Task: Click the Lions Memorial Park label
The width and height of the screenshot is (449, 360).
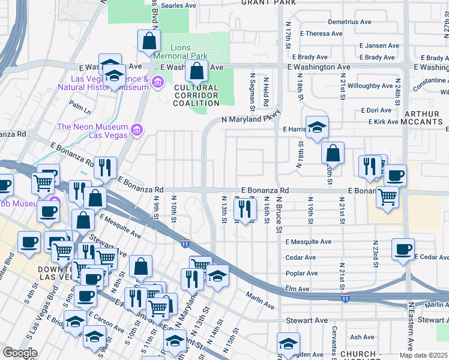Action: (x=180, y=52)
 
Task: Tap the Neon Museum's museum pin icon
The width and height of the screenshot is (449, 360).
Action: (x=136, y=130)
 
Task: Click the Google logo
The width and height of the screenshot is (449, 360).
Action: (x=20, y=353)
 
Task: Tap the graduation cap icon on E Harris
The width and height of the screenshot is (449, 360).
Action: (x=317, y=127)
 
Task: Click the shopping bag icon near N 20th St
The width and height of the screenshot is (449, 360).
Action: (x=333, y=154)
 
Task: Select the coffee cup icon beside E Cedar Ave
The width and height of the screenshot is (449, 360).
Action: (x=403, y=249)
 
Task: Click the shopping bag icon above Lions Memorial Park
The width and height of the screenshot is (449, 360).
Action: (x=149, y=41)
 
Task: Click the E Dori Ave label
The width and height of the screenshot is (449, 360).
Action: (x=376, y=110)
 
